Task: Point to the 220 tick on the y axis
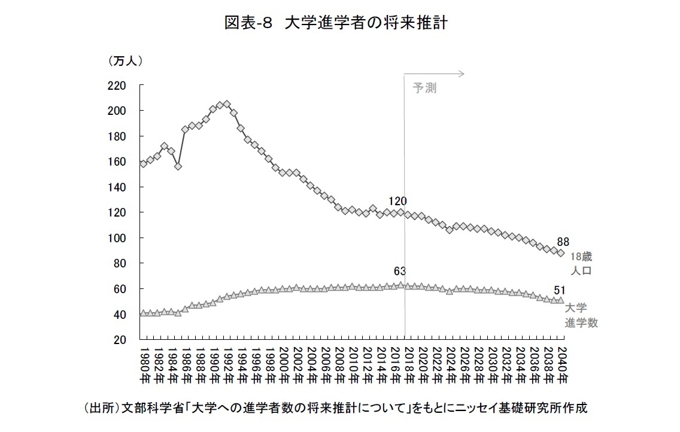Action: click(x=117, y=86)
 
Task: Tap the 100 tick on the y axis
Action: click(x=117, y=238)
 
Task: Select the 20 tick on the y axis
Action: click(x=120, y=340)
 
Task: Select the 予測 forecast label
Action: click(x=424, y=89)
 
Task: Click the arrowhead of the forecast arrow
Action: click(x=462, y=74)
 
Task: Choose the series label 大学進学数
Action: click(x=581, y=315)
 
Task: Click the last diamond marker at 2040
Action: click(x=560, y=253)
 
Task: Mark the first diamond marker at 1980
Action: click(x=143, y=163)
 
